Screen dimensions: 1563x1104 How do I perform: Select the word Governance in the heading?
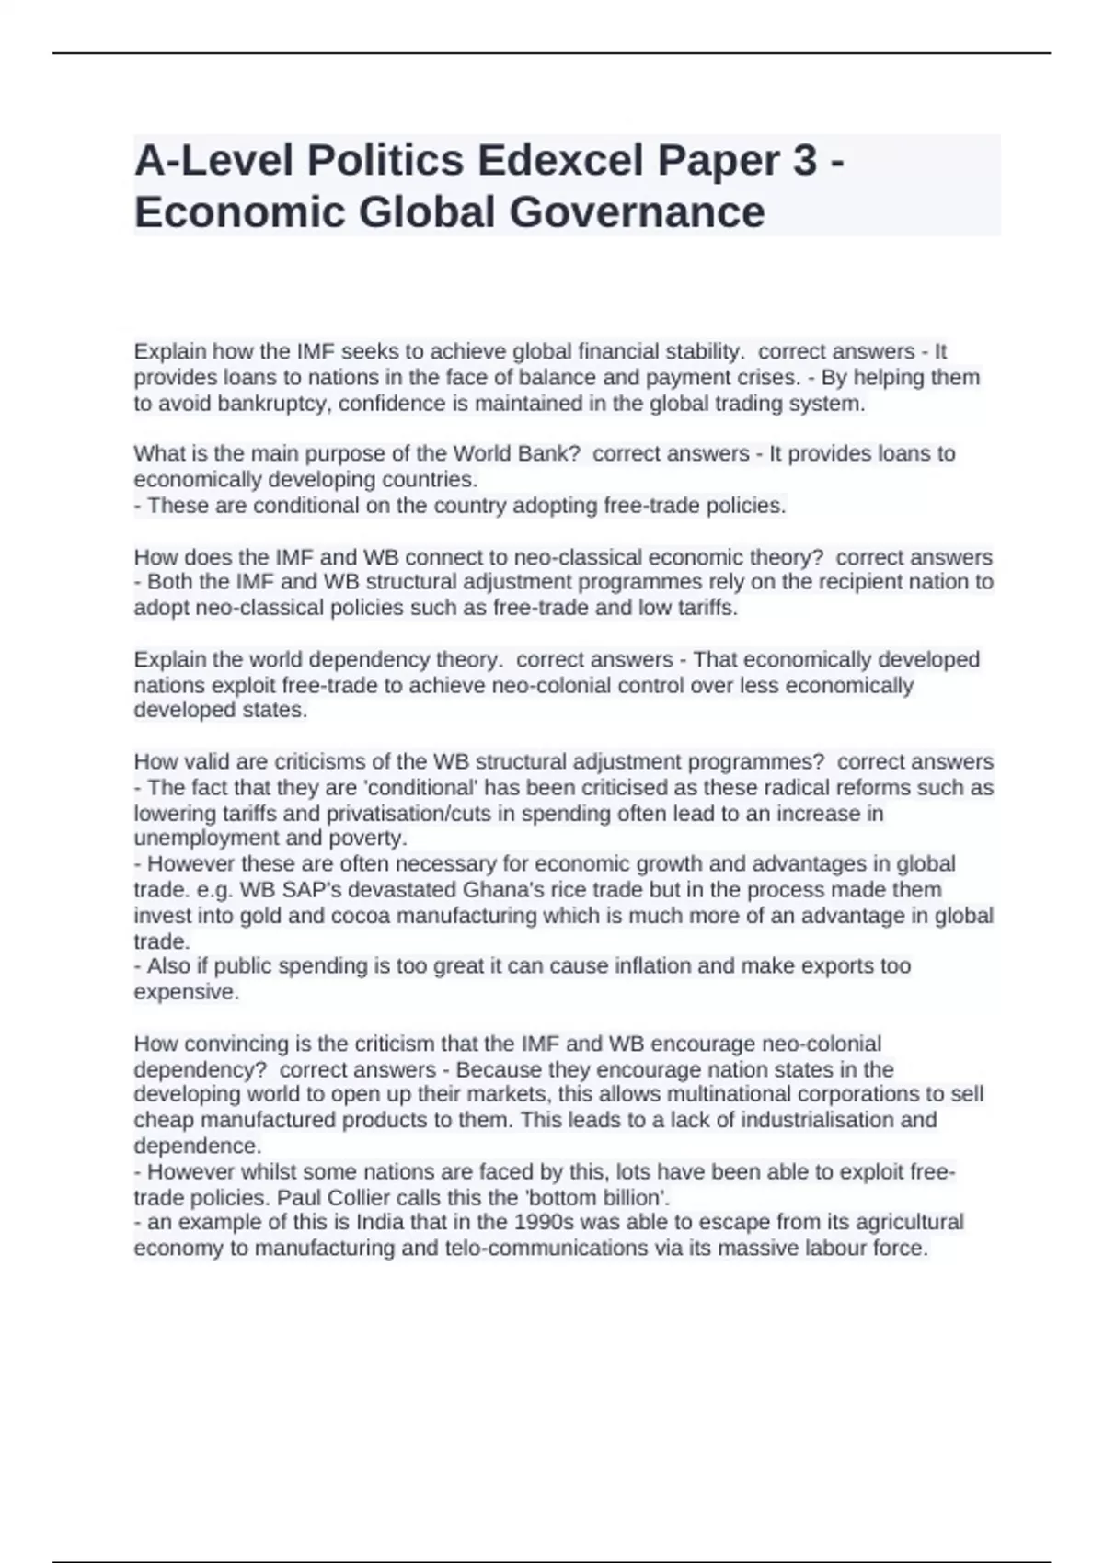tap(637, 212)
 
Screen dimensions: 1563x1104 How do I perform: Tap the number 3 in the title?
tap(803, 161)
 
